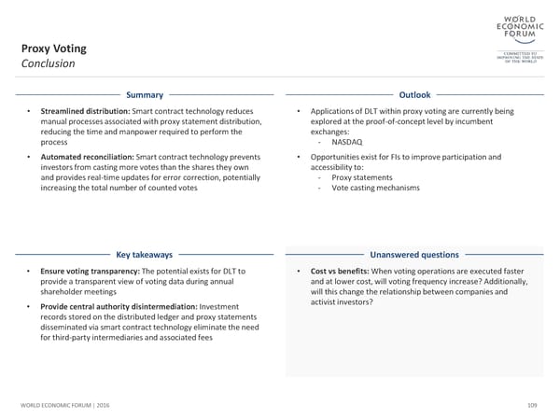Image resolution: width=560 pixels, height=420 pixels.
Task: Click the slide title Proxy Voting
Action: pos(54,48)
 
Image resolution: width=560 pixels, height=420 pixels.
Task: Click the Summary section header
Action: pos(145,95)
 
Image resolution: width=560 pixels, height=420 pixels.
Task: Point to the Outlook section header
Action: pos(414,95)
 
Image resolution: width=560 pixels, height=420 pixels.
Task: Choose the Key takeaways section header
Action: pos(145,254)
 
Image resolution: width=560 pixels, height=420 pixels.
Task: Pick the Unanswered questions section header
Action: pos(414,254)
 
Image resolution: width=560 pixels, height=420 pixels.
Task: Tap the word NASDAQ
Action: pos(347,142)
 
